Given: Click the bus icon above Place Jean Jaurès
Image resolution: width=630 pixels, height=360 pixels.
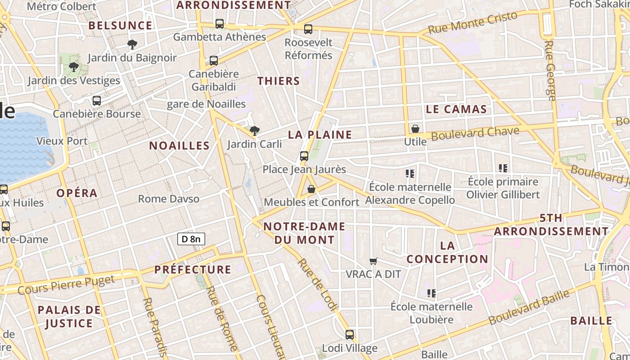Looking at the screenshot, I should coord(304,156).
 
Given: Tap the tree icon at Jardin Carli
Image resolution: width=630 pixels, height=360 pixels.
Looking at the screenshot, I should coord(255,131).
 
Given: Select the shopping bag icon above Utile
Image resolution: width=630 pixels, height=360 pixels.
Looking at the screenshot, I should coord(415,129).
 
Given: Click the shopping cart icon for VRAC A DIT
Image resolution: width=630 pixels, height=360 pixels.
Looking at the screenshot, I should coord(373,261).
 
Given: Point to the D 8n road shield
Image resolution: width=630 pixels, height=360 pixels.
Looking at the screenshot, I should coord(191,239).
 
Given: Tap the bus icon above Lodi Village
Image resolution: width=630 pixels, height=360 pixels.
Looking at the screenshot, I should coord(350,335).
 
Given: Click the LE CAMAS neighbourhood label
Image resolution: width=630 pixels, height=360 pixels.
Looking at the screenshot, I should coord(456,109).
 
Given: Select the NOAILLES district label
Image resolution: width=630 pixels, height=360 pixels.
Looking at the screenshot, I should coord(180,146).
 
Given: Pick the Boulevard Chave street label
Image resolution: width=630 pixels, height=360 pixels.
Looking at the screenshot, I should coord(475,133).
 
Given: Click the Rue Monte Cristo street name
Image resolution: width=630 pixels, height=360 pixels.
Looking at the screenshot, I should coord(472,23).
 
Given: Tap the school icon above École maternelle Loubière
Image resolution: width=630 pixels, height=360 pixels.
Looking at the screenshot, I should coord(432,294).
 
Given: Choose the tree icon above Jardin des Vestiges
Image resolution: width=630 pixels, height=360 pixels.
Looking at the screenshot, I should coord(74,67).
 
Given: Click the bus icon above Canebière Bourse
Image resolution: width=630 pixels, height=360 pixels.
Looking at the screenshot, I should coord(97,101).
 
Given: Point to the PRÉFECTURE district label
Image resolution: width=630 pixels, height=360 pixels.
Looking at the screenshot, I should coord(193,270).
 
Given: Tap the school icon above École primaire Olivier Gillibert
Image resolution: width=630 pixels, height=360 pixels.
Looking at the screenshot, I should coord(503,169).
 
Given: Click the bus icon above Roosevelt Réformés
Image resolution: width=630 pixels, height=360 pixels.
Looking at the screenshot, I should coord(308,29).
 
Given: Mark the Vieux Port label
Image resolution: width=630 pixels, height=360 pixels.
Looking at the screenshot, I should coord(62,141).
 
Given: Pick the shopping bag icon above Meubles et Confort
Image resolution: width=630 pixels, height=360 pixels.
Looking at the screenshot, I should coord(311,189).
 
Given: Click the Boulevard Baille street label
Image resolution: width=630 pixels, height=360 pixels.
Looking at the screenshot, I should coord(529,307).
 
